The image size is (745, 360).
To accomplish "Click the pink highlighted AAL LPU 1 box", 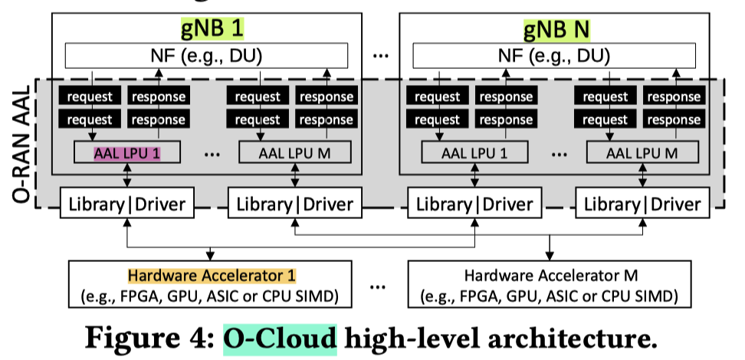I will click(127, 152).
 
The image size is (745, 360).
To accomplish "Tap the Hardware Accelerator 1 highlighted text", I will click(212, 275).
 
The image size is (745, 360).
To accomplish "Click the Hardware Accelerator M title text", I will click(552, 275).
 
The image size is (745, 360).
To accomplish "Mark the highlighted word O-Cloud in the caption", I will click(280, 337).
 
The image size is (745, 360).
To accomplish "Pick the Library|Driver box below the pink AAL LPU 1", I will click(126, 204).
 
